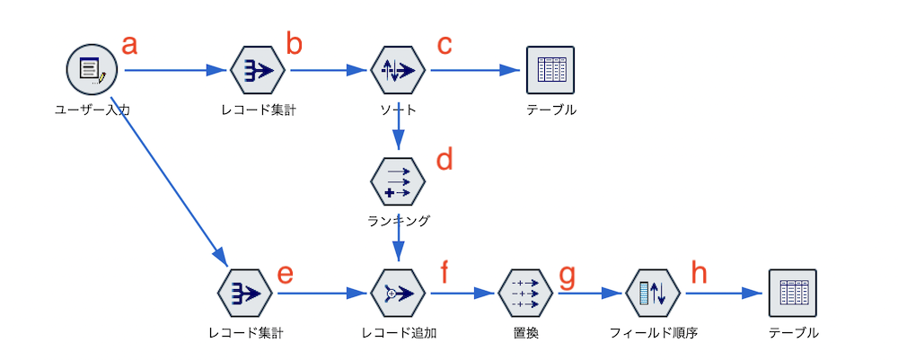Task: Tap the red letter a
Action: point(128,45)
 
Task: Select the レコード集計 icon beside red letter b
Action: point(257,70)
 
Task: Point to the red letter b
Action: point(294,42)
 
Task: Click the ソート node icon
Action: point(398,70)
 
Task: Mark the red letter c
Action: point(445,44)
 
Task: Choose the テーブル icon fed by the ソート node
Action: point(550,70)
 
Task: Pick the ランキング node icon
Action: point(398,181)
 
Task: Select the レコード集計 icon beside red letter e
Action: point(245,294)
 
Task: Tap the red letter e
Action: point(285,274)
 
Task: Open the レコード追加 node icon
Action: point(398,294)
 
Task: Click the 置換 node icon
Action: point(525,294)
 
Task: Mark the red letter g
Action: point(567,277)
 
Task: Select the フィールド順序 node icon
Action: point(653,294)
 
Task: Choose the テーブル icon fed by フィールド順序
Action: point(793,294)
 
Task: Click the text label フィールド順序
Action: point(653,332)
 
